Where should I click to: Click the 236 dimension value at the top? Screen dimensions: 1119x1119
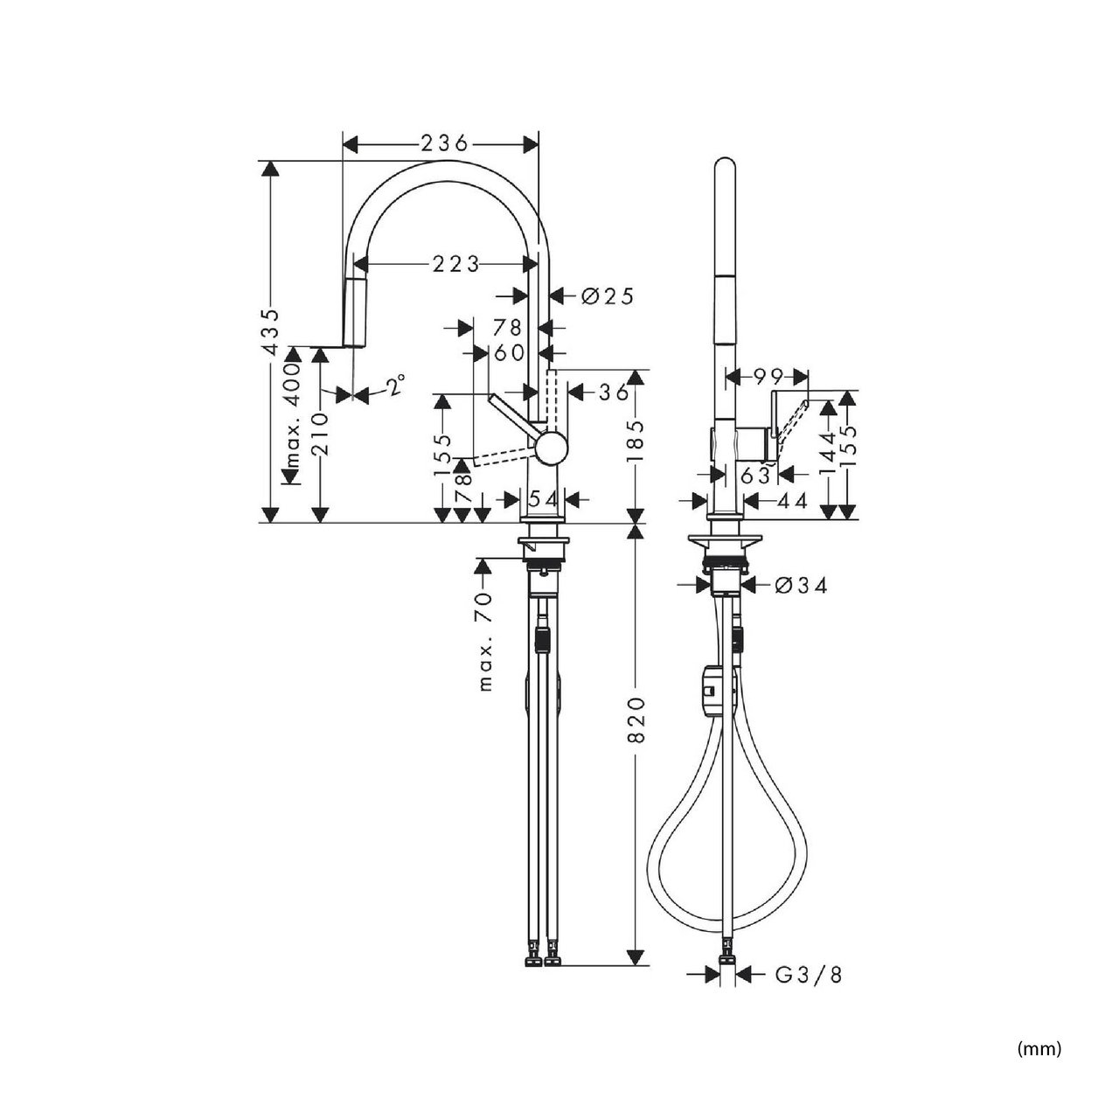444,143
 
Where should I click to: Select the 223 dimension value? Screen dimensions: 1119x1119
455,265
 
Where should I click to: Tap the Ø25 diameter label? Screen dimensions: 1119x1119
608,296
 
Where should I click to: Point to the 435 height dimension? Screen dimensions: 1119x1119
271,331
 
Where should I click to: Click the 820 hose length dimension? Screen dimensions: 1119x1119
637,720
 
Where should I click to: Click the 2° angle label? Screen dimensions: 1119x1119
395,385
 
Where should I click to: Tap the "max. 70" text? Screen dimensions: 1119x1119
486,641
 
